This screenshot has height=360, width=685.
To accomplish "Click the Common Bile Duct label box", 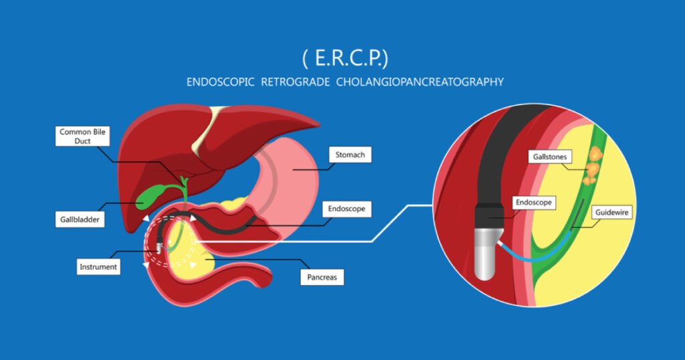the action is (82, 137).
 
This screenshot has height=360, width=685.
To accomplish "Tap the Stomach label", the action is (350, 155).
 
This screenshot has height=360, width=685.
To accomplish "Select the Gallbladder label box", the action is (80, 219).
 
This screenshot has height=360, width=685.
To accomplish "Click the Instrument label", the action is (98, 266).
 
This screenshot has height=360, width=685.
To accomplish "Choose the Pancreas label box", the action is (322, 277).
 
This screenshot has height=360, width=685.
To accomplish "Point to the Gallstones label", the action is (550, 157).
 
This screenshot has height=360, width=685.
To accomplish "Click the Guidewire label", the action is (611, 212).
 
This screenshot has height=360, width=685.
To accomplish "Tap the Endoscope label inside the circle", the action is (533, 202).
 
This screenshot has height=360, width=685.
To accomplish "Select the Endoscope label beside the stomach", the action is (347, 209).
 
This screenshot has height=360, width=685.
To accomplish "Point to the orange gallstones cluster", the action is (593, 166).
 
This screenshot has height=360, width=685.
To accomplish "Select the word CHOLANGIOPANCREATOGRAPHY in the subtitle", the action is (420, 82).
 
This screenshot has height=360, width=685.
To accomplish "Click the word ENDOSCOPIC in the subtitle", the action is (220, 82).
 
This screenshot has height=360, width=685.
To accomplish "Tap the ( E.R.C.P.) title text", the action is (345, 58).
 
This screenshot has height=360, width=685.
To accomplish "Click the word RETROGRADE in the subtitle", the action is (295, 82).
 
